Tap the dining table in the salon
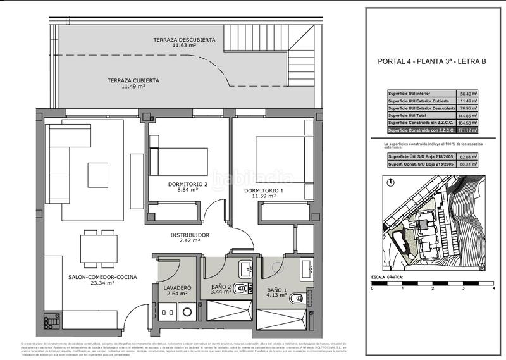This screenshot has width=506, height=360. click(x=98, y=247)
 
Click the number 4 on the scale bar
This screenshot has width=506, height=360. click(x=492, y=289)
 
